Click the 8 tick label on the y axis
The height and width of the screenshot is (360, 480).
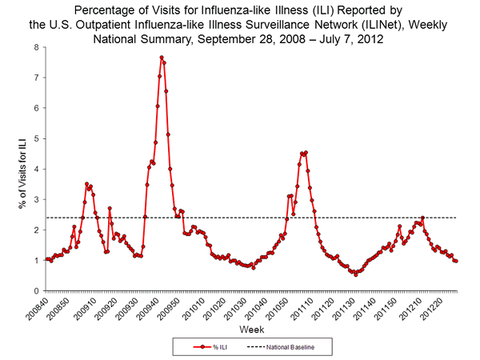36,47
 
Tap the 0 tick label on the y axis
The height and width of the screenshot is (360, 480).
36,290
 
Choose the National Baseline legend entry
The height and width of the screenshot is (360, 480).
292,348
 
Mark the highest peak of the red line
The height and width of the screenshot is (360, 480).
162,58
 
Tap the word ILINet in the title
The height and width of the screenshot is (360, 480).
337,25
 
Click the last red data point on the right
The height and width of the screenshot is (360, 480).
456,261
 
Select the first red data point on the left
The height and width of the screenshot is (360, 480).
47,259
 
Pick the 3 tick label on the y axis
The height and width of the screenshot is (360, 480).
36,199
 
